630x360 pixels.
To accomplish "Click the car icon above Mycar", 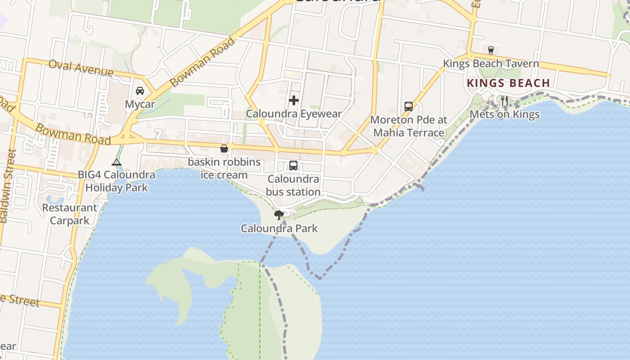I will pyautogui.click(x=140, y=91).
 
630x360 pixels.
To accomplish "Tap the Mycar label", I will pyautogui.click(x=140, y=104).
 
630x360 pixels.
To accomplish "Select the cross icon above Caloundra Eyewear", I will pyautogui.click(x=294, y=100).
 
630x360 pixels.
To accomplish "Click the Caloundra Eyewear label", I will pyautogui.click(x=294, y=114).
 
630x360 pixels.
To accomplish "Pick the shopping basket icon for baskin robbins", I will pyautogui.click(x=224, y=148).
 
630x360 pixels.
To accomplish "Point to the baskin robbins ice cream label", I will pyautogui.click(x=224, y=168).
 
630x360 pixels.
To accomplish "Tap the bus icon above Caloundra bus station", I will pyautogui.click(x=293, y=166).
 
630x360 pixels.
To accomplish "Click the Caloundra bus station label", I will pyautogui.click(x=293, y=185).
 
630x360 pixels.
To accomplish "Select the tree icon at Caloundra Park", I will pyautogui.click(x=279, y=215).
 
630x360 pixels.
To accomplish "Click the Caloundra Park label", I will pyautogui.click(x=279, y=229).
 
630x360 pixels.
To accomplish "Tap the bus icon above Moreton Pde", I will pyautogui.click(x=409, y=107).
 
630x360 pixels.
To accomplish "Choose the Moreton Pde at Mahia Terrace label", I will pyautogui.click(x=409, y=126).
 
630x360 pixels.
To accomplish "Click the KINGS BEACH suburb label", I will pyautogui.click(x=508, y=83).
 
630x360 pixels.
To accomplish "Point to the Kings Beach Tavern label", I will pyautogui.click(x=491, y=63).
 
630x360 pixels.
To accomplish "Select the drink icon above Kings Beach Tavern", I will pyautogui.click(x=491, y=50).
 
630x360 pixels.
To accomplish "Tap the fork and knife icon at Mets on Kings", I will pyautogui.click(x=504, y=100).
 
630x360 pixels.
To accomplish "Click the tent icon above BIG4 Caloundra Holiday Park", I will pyautogui.click(x=117, y=162).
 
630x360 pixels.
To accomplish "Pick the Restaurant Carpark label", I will pyautogui.click(x=70, y=214).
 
